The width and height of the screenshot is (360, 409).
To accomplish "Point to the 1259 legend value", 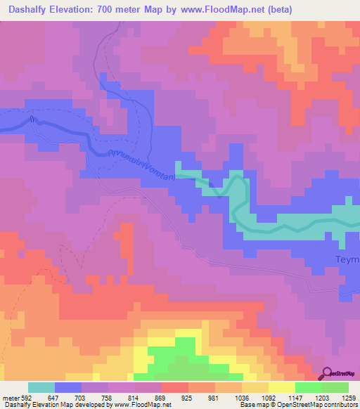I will [x=349, y=398].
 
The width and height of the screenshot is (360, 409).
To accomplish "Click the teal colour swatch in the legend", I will [x=41, y=387].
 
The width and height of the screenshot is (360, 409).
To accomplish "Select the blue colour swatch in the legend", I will [x=68, y=387].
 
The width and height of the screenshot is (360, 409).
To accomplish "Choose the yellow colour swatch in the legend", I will [x=282, y=387].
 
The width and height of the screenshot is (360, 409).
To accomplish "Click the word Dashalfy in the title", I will [x=34, y=9].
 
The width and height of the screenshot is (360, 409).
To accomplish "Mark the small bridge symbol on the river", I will [x=32, y=119].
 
